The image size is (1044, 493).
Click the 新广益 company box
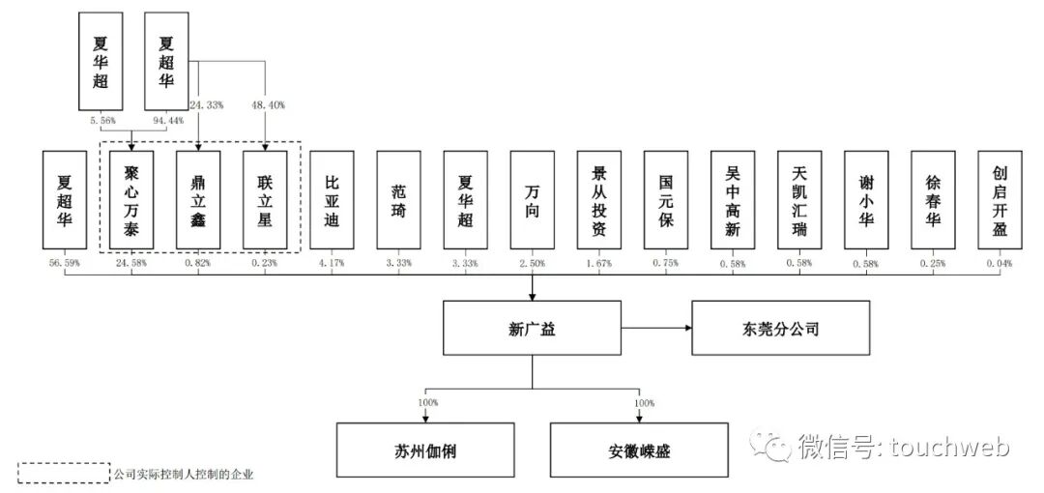tap(531, 329)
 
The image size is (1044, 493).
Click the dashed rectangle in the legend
tap(65, 474)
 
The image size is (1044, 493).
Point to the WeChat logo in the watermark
tap(774, 446)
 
